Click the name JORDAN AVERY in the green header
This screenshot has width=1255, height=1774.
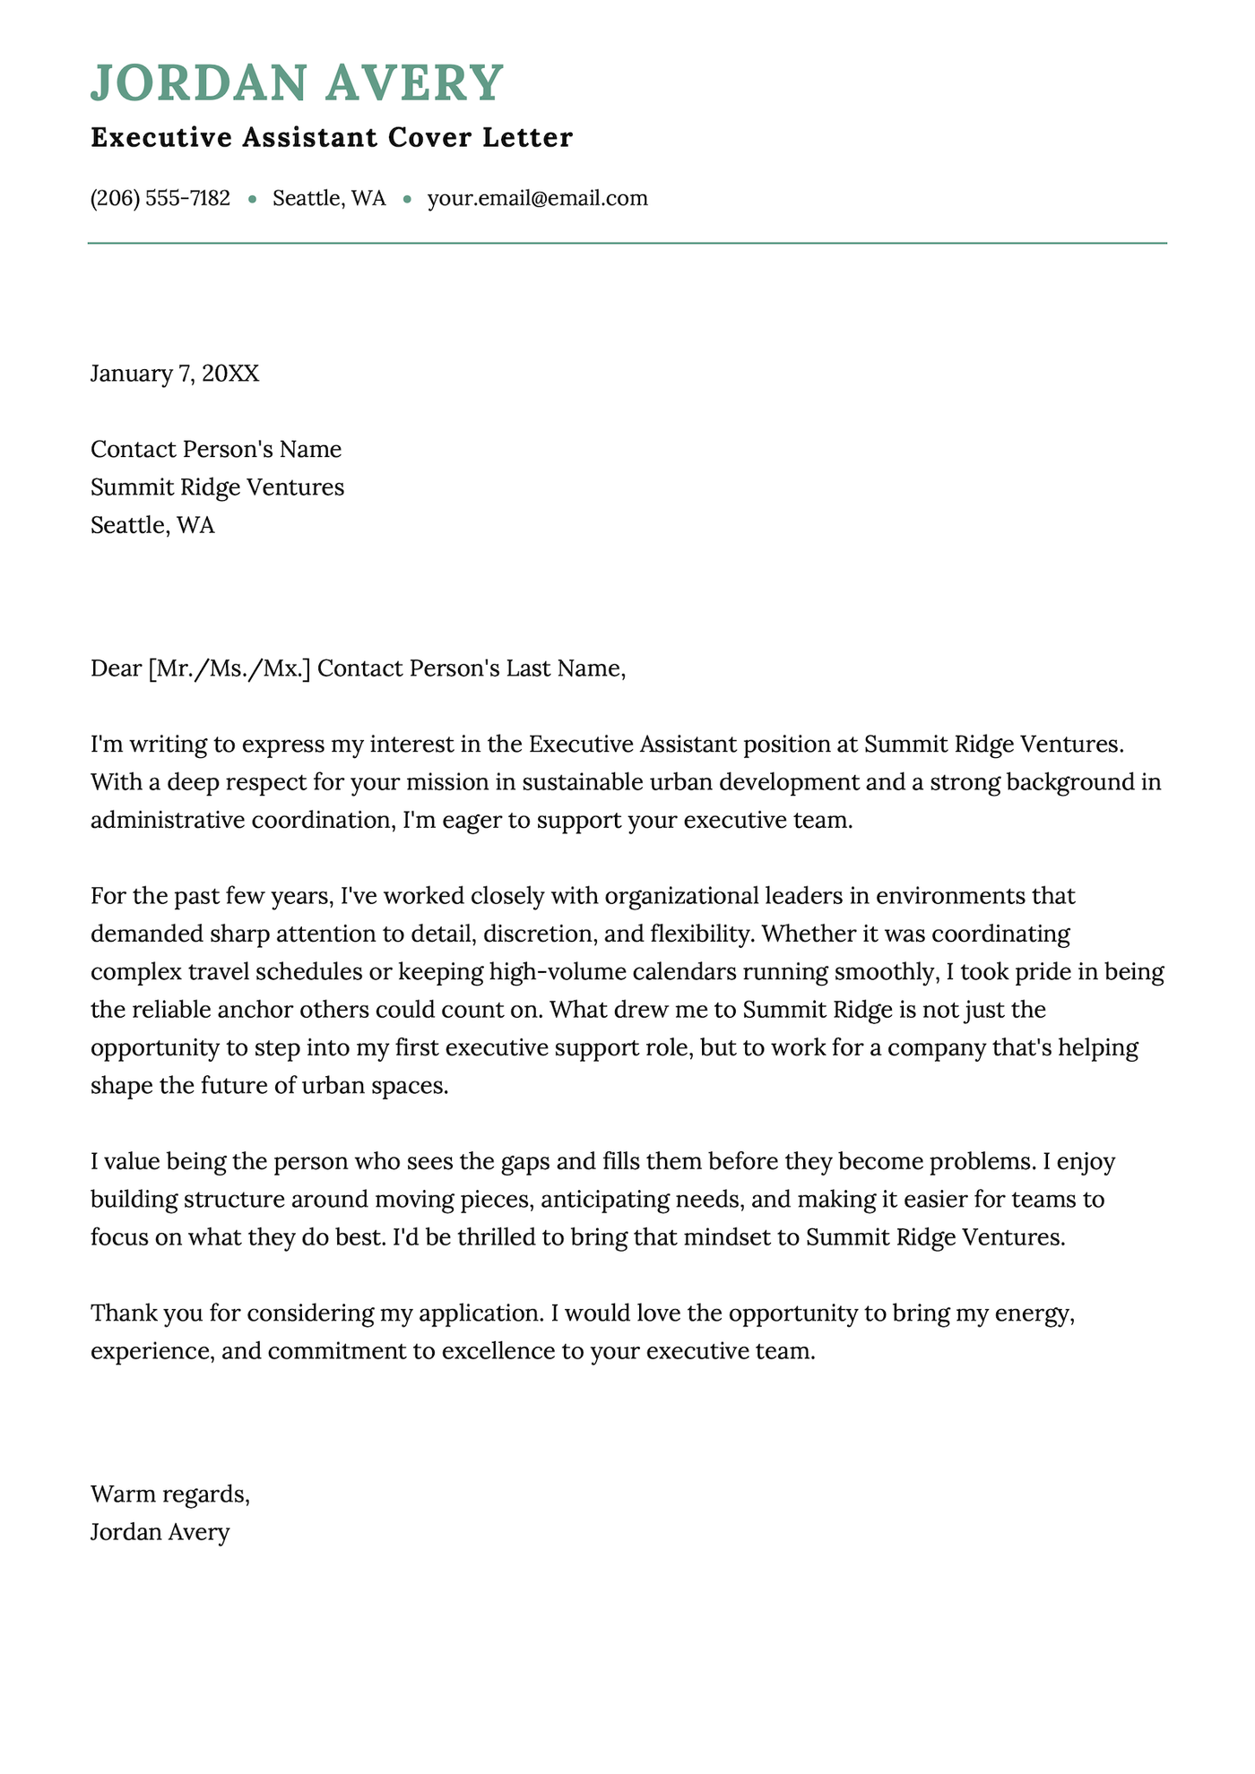(x=297, y=82)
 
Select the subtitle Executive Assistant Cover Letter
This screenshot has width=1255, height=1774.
(x=332, y=138)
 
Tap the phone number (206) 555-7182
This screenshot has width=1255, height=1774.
(x=160, y=198)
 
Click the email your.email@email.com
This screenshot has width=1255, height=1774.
(x=537, y=198)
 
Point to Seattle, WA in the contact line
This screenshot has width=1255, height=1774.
(x=329, y=198)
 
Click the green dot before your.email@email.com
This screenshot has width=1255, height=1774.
(x=407, y=199)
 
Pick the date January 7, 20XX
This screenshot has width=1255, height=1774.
(x=175, y=374)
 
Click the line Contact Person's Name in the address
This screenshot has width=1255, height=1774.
(x=216, y=449)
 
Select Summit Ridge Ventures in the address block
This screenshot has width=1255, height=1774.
(x=217, y=487)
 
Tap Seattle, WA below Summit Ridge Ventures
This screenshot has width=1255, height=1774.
(x=152, y=525)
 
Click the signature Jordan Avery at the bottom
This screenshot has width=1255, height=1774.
(x=160, y=1532)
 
